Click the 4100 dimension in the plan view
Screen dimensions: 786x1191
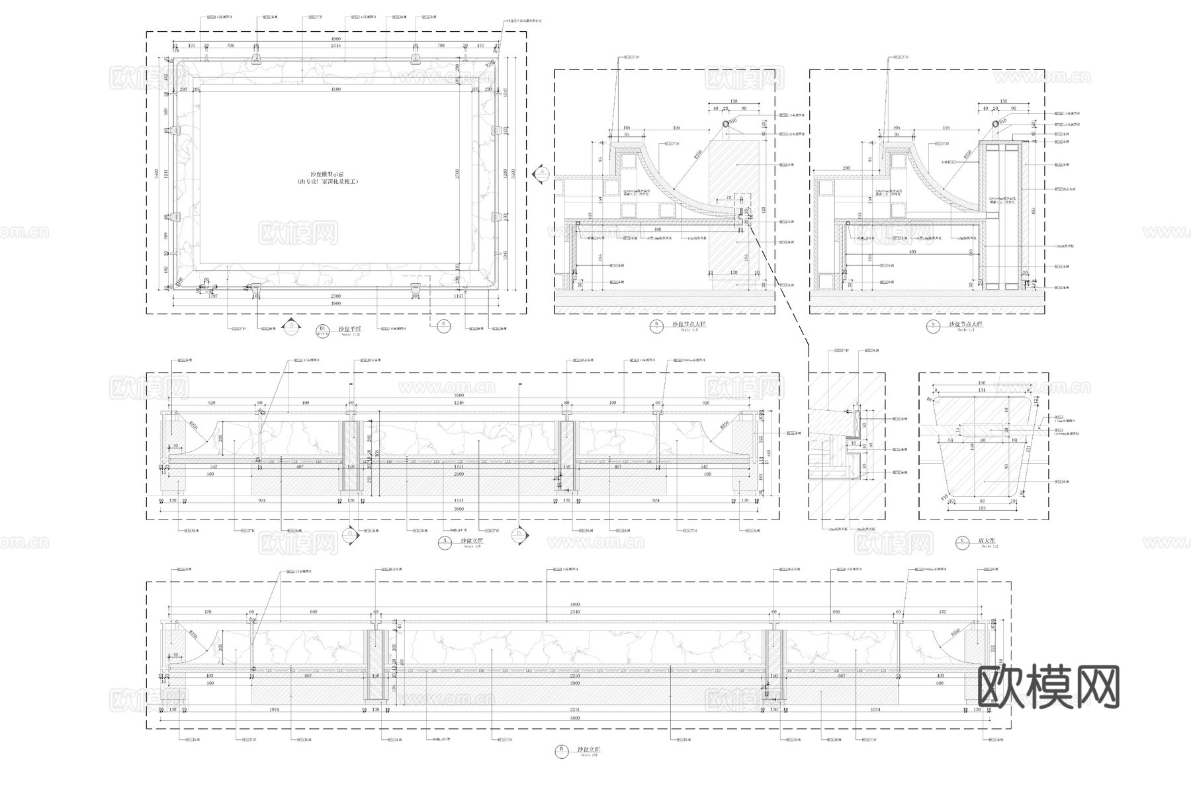335,89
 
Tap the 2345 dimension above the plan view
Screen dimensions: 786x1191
335,46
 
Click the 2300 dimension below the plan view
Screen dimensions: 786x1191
335,296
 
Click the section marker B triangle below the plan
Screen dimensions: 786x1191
289,325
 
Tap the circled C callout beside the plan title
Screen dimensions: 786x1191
444,324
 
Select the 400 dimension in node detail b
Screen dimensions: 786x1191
912,252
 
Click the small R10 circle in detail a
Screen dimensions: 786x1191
727,123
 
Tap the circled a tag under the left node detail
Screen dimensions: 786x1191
656,325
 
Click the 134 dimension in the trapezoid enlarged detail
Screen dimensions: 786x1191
981,390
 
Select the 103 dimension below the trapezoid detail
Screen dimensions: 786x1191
981,508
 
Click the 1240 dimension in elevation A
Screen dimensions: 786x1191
459,403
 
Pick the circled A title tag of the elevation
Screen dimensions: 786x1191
445,542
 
